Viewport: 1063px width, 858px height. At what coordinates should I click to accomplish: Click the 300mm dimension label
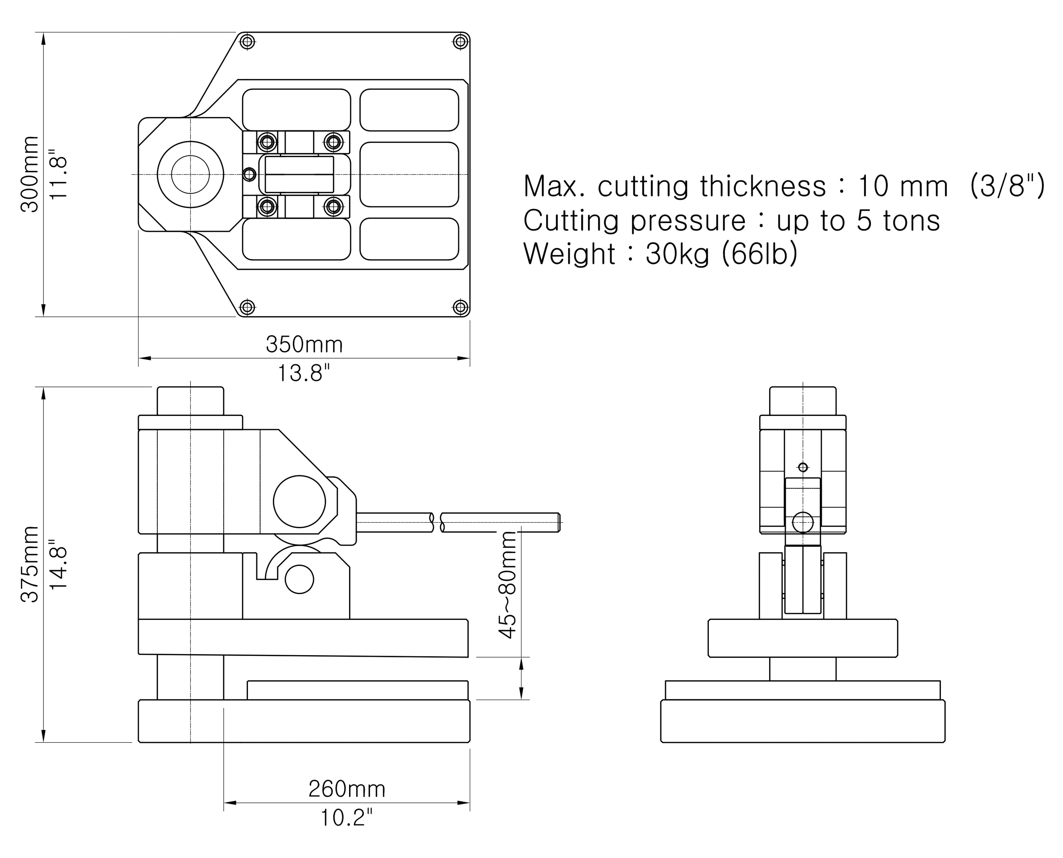click(30, 174)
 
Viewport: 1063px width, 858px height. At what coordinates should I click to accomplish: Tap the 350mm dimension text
click(304, 345)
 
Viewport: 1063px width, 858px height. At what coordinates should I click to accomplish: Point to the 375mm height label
click(30, 564)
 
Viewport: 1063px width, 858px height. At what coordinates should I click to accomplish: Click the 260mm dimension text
click(347, 789)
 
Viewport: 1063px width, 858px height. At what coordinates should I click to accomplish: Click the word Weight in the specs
click(569, 254)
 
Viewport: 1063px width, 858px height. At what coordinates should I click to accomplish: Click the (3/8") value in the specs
click(1007, 186)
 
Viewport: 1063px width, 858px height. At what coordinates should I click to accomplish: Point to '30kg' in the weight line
click(677, 254)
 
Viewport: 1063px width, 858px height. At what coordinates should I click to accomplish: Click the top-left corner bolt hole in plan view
click(248, 42)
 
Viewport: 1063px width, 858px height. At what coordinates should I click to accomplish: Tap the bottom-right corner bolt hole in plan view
click(461, 307)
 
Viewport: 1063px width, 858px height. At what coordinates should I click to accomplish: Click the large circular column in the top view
click(190, 174)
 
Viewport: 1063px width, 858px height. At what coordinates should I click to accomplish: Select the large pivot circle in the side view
click(299, 502)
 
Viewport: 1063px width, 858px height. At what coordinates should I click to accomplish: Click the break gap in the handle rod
click(437, 522)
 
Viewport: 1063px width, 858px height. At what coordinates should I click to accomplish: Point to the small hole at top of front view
click(803, 467)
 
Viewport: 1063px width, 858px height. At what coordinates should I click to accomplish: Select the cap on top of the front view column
click(803, 401)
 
